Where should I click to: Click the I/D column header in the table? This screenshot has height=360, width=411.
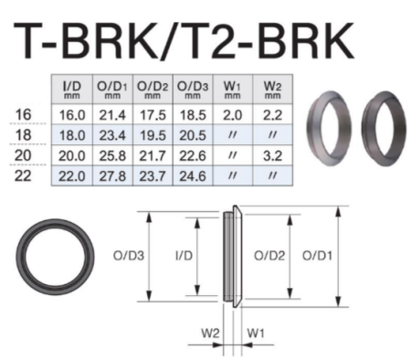(72, 90)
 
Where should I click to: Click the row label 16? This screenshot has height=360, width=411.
(26, 113)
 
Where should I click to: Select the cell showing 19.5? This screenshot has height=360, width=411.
(151, 133)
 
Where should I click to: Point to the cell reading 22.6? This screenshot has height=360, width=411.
(191, 154)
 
